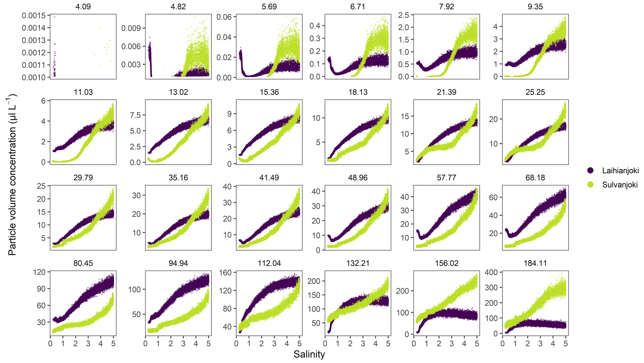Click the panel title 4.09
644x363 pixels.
(83, 7)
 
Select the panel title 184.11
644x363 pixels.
(535, 263)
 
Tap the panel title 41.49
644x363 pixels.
(269, 178)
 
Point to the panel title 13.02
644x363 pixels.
(178, 92)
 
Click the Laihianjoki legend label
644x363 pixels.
(620, 170)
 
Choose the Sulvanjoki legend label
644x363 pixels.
(620, 185)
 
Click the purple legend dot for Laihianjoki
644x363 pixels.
(590, 170)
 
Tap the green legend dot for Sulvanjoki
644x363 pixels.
(590, 185)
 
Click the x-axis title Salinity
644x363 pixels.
(309, 354)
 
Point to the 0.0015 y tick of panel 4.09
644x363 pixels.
(34, 16)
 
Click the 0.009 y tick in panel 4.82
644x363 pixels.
(131, 28)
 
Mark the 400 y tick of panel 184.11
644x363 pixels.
(491, 272)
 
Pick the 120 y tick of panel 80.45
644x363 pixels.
(39, 272)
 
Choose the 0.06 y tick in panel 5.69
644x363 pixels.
(224, 17)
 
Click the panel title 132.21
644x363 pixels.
(358, 263)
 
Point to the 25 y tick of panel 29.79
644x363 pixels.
(41, 186)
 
